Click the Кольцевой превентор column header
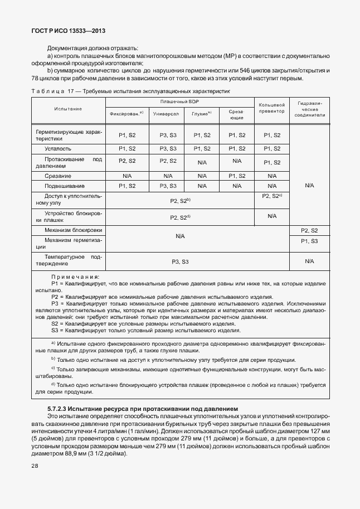click(x=272, y=108)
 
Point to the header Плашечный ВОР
click(x=179, y=101)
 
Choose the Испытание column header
click(x=68, y=109)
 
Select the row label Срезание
click(x=58, y=176)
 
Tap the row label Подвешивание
click(x=65, y=186)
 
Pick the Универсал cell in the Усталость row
click(x=165, y=149)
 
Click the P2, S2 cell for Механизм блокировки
click(x=309, y=230)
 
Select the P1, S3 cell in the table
click(x=309, y=241)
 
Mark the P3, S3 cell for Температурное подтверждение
click(x=179, y=261)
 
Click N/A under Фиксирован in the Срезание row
click(x=127, y=176)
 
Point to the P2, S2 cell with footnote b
click(x=179, y=200)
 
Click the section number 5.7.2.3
click(x=61, y=409)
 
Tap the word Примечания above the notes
click(x=75, y=277)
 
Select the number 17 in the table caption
click(x=71, y=90)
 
